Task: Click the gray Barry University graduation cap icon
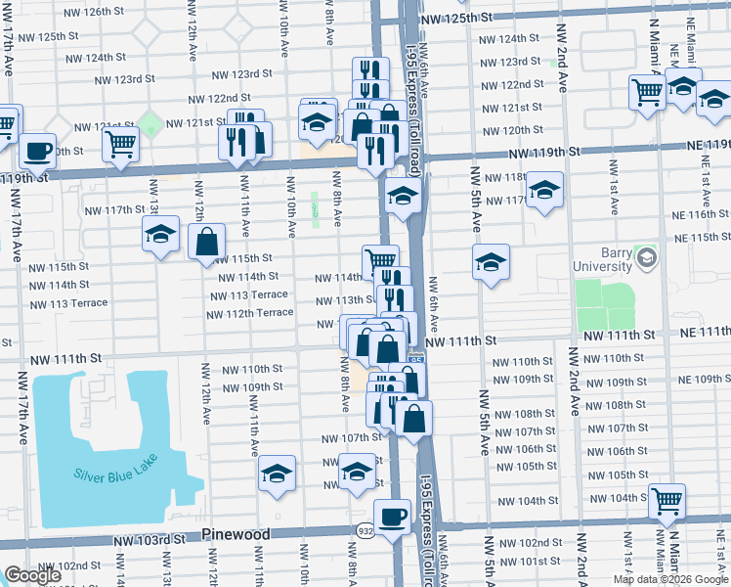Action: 645,257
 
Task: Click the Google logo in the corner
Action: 32,575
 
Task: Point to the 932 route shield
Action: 363,528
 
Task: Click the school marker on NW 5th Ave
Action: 491,261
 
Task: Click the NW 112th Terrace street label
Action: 249,313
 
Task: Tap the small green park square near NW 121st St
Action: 150,124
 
